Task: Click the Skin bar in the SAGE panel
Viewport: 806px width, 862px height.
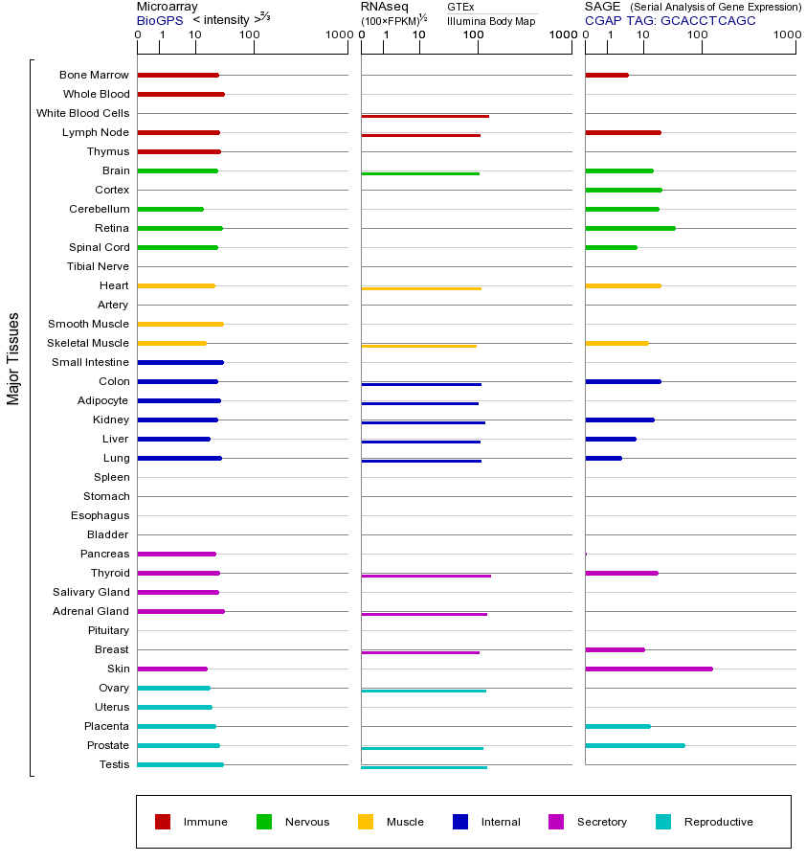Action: tap(649, 669)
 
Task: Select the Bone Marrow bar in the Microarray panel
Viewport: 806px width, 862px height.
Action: tap(178, 75)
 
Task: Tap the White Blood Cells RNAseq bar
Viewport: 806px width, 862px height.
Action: tap(425, 116)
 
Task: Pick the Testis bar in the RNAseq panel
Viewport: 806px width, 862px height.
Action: tap(424, 767)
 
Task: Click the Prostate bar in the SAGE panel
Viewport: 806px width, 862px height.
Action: tap(635, 745)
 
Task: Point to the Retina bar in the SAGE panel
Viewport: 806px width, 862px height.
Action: tap(630, 228)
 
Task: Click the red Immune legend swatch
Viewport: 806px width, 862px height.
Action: tap(163, 822)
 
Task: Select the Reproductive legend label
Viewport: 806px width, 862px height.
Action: tap(718, 822)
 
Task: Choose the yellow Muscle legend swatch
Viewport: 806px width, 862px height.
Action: tap(366, 822)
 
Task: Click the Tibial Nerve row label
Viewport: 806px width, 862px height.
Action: tap(98, 266)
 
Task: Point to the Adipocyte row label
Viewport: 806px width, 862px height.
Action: tap(102, 400)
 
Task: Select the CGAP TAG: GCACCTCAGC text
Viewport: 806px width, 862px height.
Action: tap(670, 20)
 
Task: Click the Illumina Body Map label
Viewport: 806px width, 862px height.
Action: tap(491, 20)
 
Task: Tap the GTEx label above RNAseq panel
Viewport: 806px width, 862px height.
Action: tap(460, 7)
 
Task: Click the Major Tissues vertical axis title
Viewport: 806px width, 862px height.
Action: tap(13, 358)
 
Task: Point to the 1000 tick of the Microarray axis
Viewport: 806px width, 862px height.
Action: tap(337, 35)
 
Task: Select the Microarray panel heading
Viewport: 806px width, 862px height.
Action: tap(167, 7)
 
